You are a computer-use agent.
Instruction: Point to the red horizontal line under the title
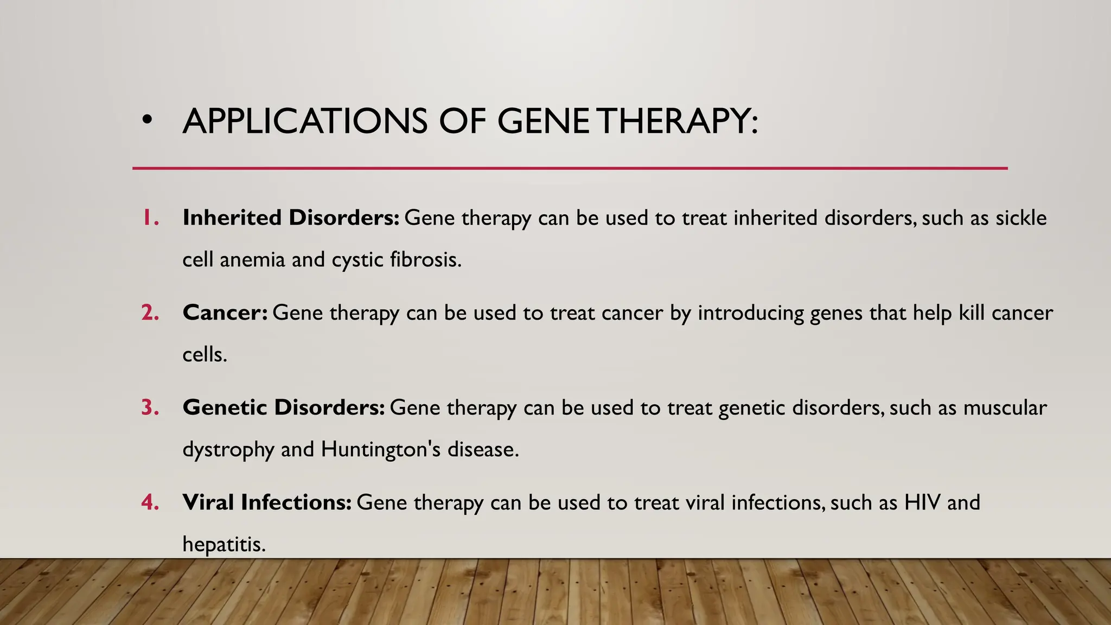(x=570, y=168)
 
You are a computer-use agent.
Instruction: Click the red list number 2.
(x=150, y=313)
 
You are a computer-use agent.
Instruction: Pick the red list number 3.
(x=150, y=407)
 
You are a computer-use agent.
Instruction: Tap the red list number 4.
(x=150, y=502)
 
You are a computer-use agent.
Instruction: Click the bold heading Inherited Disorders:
(x=291, y=218)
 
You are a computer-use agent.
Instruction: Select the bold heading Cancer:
(x=225, y=313)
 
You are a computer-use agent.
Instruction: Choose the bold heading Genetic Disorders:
(x=283, y=407)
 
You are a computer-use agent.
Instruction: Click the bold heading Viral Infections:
(x=267, y=502)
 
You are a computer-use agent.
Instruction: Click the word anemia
(x=252, y=259)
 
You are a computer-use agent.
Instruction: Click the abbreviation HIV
(x=922, y=502)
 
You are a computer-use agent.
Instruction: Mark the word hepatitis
(x=224, y=544)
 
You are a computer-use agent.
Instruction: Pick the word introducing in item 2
(x=750, y=313)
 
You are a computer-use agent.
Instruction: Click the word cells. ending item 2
(x=204, y=354)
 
